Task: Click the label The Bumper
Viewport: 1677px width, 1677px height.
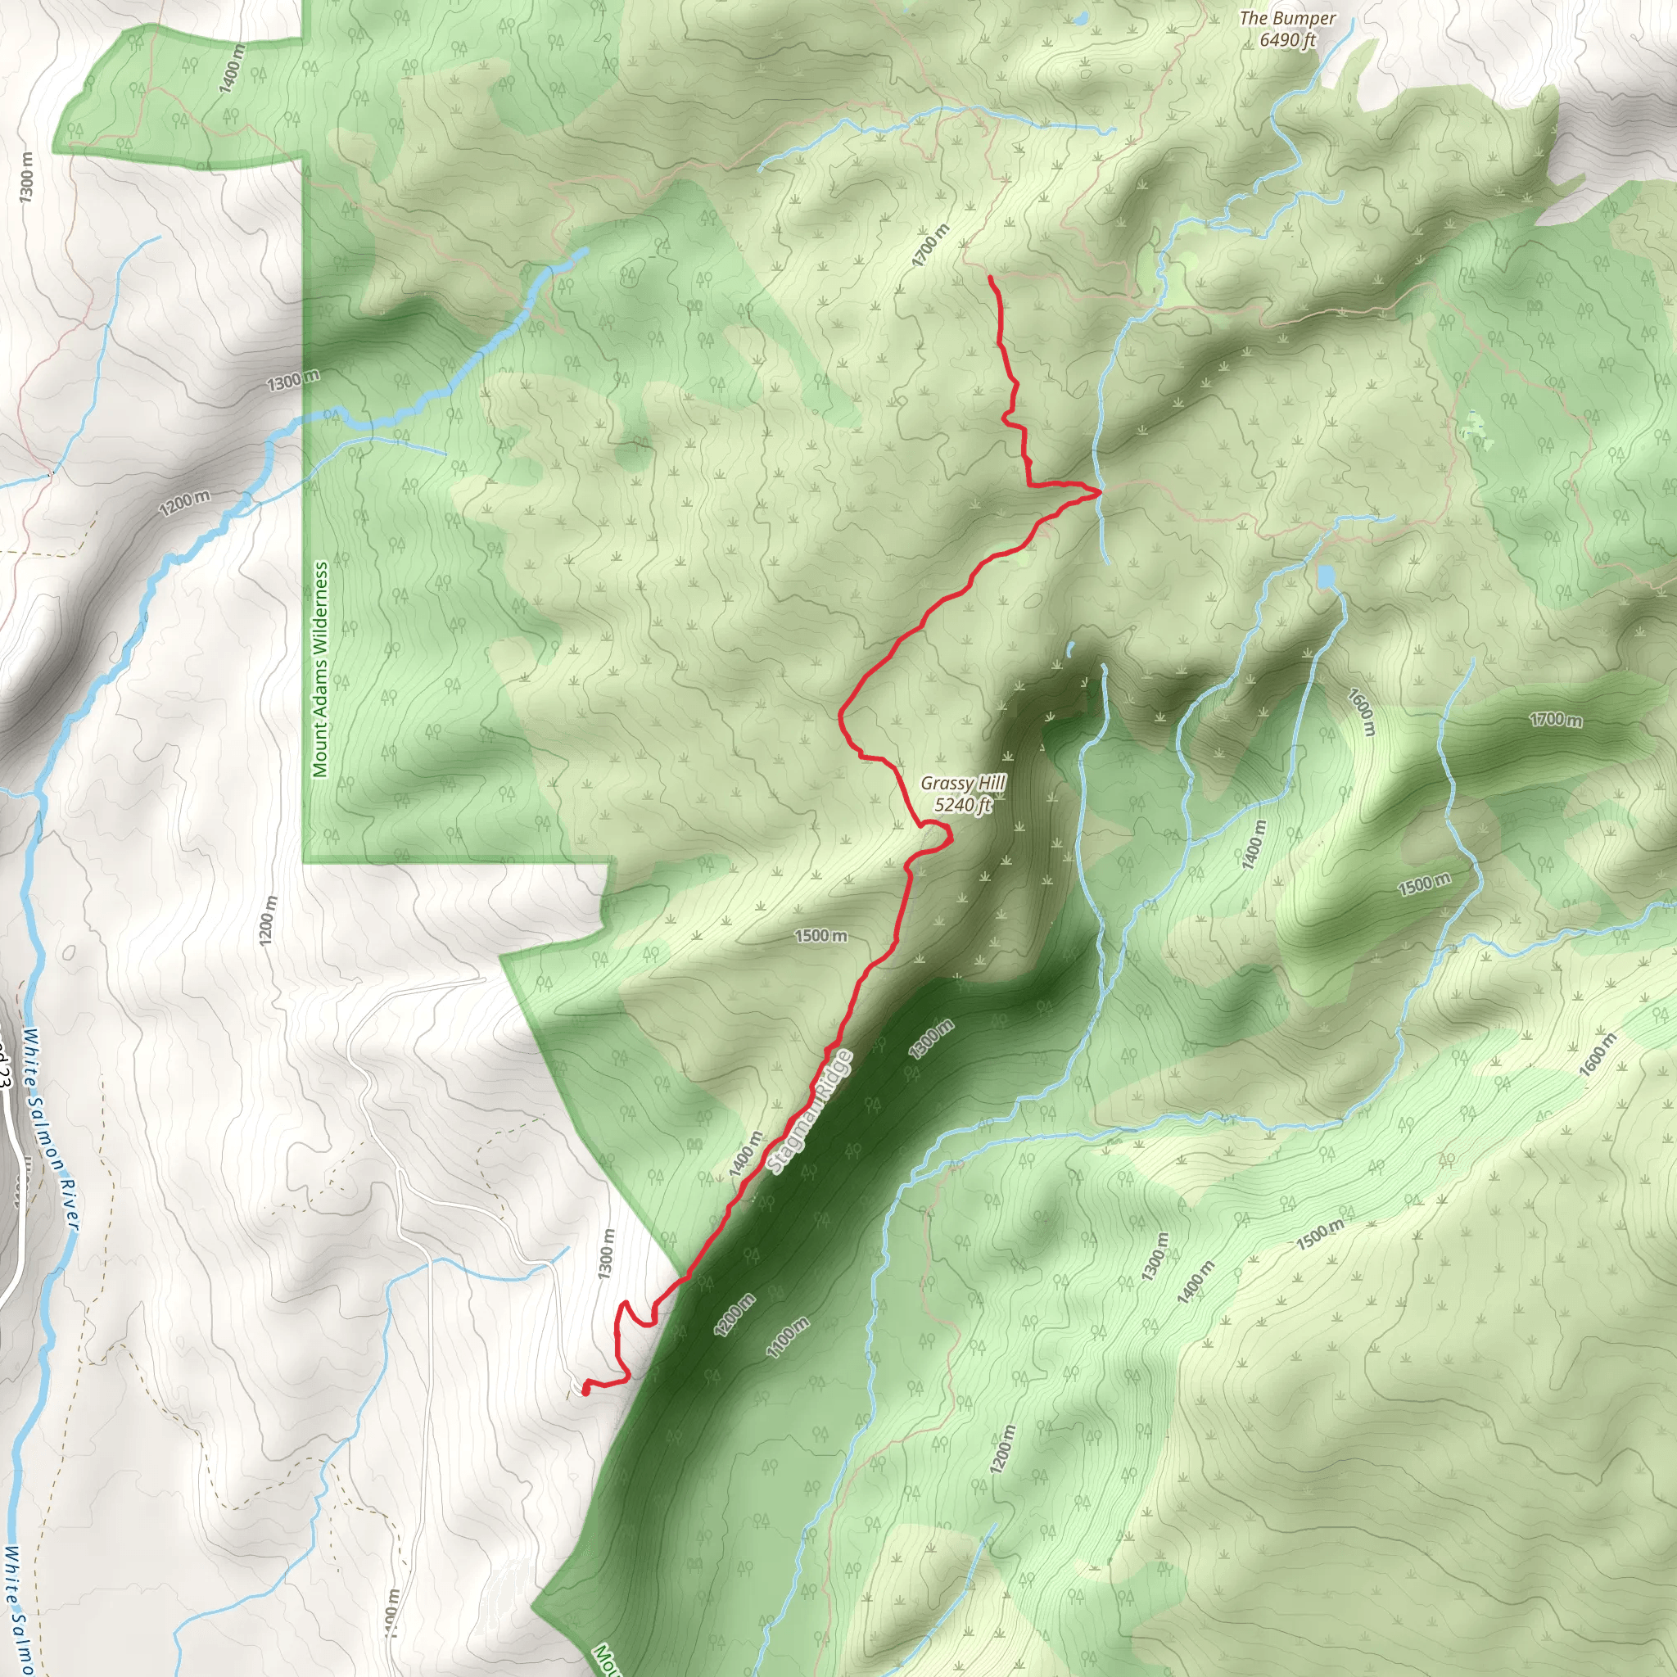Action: [1287, 18]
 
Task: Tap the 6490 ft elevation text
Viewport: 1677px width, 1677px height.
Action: [1287, 40]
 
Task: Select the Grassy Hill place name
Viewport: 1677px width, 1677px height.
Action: [963, 784]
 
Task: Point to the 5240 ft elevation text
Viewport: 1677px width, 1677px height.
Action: [963, 806]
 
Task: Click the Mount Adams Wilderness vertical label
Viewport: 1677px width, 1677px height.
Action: [321, 669]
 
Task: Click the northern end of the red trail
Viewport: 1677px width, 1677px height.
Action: [991, 278]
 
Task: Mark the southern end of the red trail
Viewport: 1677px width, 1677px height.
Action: [586, 1390]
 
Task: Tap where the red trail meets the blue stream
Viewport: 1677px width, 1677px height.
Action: [1100, 491]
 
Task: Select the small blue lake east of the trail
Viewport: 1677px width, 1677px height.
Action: [1326, 576]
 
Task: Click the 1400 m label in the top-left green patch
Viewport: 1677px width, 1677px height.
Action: [233, 69]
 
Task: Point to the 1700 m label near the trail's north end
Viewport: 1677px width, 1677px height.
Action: [930, 245]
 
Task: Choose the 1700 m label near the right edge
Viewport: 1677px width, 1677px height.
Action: [1556, 720]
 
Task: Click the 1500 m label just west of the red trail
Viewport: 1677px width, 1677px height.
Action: [821, 936]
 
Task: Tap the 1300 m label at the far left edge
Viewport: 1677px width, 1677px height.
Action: [26, 178]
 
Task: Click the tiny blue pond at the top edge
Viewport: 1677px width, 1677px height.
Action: [1081, 17]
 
